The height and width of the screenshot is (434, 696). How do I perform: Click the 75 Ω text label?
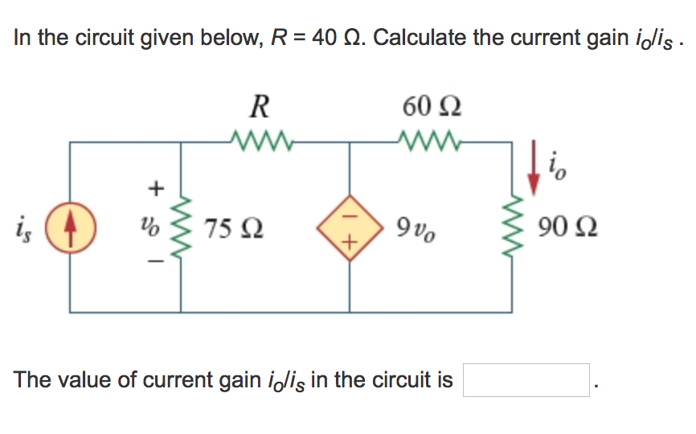point(236,229)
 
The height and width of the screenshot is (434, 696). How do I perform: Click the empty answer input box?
point(526,380)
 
